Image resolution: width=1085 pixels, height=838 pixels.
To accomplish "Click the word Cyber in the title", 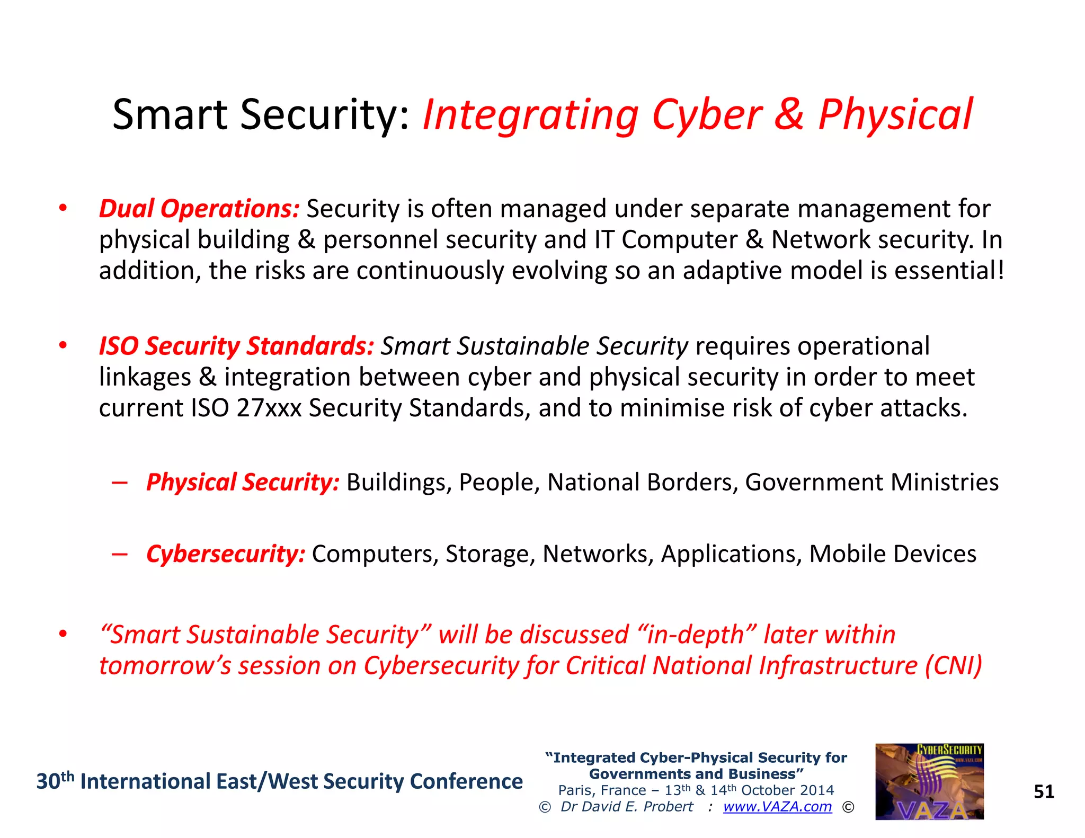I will [707, 115].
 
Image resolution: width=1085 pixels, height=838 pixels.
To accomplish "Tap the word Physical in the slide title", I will [895, 115].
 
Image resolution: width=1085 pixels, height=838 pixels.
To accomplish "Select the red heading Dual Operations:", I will [199, 209].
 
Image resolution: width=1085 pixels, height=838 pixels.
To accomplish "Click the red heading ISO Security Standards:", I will [236, 346].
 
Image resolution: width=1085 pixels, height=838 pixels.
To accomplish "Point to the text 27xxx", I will [269, 408].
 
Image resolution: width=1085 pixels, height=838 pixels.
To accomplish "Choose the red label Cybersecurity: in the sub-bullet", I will [226, 554].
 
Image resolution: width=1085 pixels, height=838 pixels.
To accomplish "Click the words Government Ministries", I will [871, 482].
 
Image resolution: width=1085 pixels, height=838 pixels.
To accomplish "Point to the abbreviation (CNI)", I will [954, 665].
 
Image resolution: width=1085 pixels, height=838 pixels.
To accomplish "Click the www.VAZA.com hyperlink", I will [777, 807].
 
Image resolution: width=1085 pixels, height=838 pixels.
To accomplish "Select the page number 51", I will [1044, 791].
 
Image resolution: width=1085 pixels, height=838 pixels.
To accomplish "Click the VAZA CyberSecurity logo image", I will [929, 781].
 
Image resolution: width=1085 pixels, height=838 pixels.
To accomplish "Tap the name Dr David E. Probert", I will [627, 807].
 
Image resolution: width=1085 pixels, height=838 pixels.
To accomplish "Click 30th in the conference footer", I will [55, 781].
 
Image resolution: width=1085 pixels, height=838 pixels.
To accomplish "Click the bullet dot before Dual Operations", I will [63, 209].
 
